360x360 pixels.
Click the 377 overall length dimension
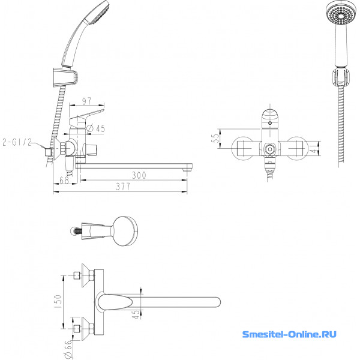[x=123, y=187]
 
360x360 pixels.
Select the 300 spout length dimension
[x=139, y=175]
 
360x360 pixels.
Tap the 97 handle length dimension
[x=87, y=101]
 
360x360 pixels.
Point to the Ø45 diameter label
[x=96, y=128]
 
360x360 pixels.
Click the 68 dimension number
[x=64, y=180]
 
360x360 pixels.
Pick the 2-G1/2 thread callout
[x=17, y=142]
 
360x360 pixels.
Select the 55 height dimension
[x=215, y=138]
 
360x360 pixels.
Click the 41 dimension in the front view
[x=314, y=148]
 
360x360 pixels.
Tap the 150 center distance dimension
[x=58, y=301]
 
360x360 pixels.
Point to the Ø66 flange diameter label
[x=68, y=349]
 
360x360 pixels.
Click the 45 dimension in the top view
[x=136, y=314]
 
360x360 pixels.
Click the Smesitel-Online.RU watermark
[x=289, y=334]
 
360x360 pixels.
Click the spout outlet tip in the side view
[x=187, y=170]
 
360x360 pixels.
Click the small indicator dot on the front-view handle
[x=270, y=123]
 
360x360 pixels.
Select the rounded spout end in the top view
[x=217, y=302]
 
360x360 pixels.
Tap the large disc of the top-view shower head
[x=125, y=231]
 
